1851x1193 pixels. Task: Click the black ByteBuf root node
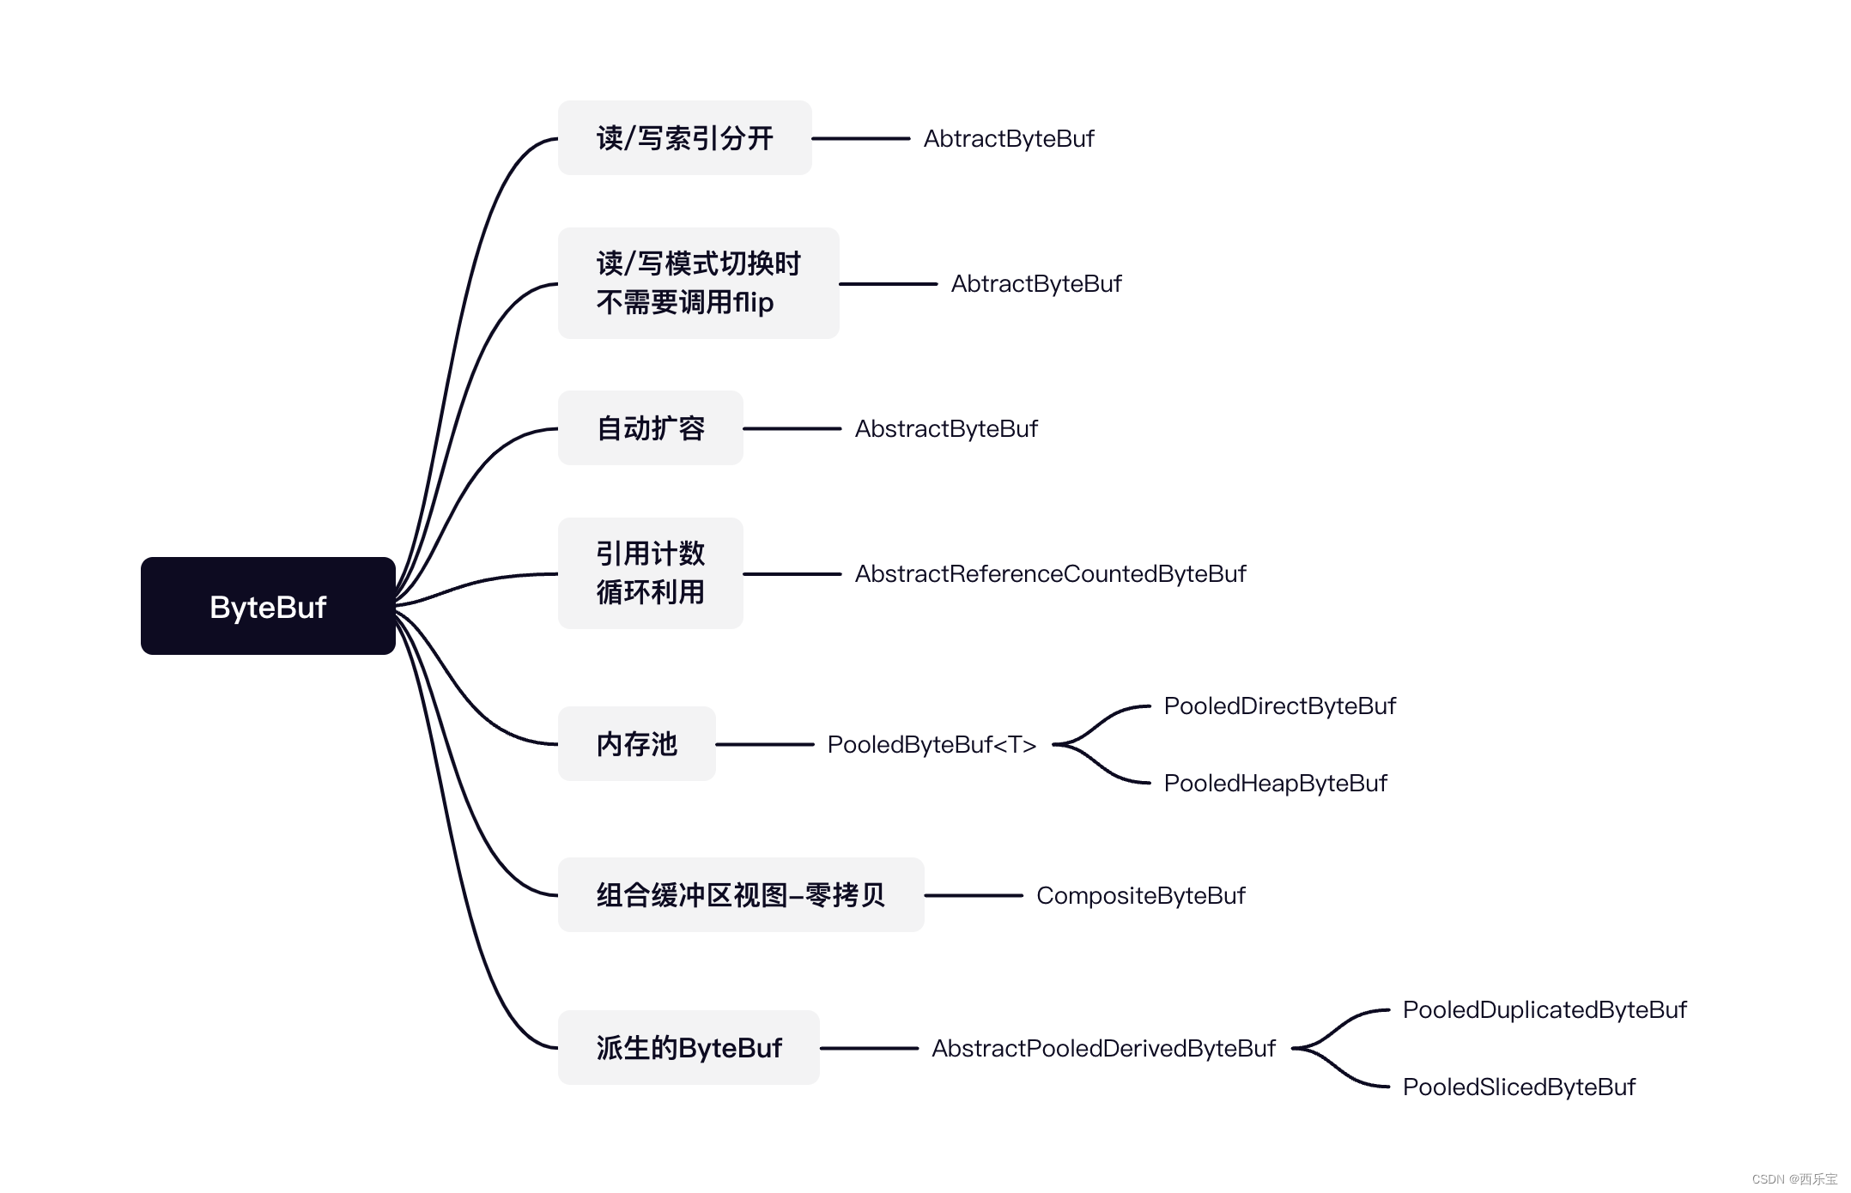pyautogui.click(x=268, y=606)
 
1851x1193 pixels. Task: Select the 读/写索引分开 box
pyautogui.click(x=684, y=138)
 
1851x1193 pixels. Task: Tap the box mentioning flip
pyautogui.click(x=698, y=283)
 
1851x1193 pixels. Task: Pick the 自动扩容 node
pyautogui.click(x=650, y=428)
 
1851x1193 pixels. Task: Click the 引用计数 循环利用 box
pyautogui.click(x=650, y=573)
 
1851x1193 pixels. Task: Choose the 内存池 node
pyautogui.click(x=636, y=744)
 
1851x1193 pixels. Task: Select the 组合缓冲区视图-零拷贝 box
pyautogui.click(x=740, y=895)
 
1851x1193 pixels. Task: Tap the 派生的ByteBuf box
pyautogui.click(x=689, y=1048)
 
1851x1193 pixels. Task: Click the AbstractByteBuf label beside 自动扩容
pyautogui.click(x=946, y=429)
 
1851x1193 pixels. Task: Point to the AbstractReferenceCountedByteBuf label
pyautogui.click(x=1050, y=574)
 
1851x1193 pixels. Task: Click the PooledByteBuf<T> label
pyautogui.click(x=932, y=745)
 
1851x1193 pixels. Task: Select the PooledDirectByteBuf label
pyautogui.click(x=1279, y=706)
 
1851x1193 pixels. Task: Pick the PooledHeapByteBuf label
pyautogui.click(x=1275, y=784)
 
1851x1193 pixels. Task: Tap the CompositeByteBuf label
pyautogui.click(x=1140, y=896)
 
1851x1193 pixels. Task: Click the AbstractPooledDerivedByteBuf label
pyautogui.click(x=1103, y=1049)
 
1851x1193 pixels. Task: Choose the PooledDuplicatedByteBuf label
pyautogui.click(x=1544, y=1010)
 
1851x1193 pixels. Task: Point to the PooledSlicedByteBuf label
pyautogui.click(x=1519, y=1087)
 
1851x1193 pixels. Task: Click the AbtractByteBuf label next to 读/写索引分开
pyautogui.click(x=1009, y=139)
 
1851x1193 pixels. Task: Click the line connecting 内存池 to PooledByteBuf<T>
pyautogui.click(x=764, y=744)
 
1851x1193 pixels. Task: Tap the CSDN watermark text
pyautogui.click(x=1793, y=1179)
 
